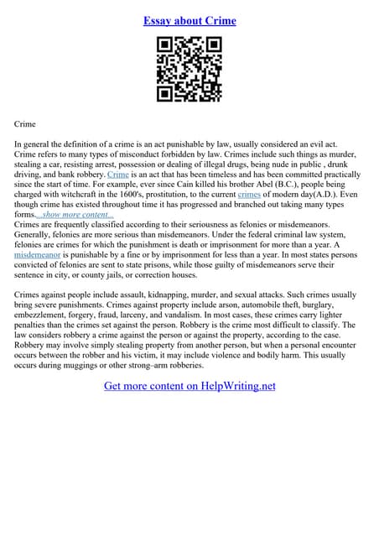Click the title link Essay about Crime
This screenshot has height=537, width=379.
189,20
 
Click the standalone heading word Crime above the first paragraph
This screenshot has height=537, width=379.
25,123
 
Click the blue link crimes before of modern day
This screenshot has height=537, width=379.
250,195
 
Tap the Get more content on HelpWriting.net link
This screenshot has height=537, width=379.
189,386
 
